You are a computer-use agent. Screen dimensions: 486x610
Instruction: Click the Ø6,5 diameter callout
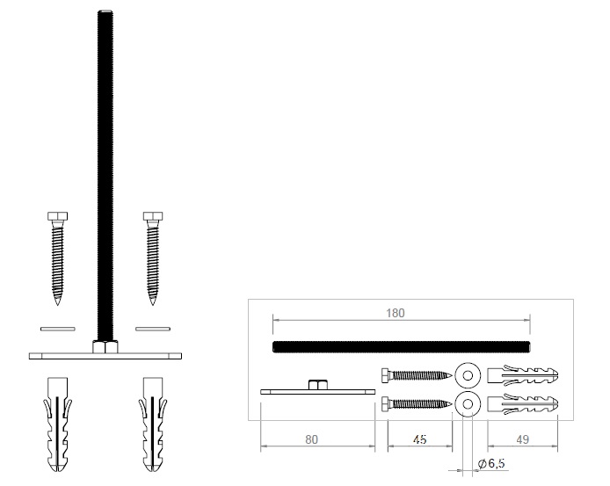click(490, 462)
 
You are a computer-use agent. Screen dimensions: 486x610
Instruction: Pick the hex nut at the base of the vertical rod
click(105, 346)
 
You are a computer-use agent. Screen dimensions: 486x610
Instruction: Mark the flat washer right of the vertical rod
click(152, 329)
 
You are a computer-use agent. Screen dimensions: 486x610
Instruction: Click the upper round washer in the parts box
click(468, 375)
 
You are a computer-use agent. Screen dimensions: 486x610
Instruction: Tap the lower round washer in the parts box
click(468, 405)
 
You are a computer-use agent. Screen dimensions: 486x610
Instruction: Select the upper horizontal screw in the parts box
click(416, 375)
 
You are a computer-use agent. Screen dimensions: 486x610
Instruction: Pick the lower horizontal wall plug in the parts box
click(522, 406)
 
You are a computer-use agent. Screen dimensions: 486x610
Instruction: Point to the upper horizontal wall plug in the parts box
click(522, 375)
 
